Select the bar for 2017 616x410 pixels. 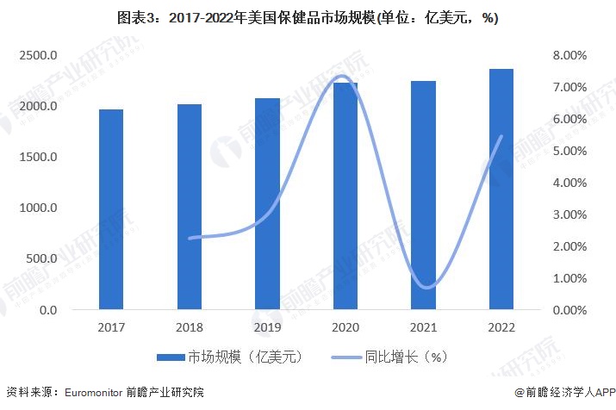pyautogui.click(x=111, y=209)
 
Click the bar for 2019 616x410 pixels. pyautogui.click(x=267, y=203)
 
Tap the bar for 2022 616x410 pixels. pyautogui.click(x=501, y=189)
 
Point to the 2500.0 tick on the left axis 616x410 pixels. pyautogui.click(x=40, y=56)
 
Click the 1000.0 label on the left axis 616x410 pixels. pyautogui.click(x=40, y=208)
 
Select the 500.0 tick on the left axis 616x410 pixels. pyautogui.click(x=42, y=259)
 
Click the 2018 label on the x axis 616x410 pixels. pyautogui.click(x=190, y=328)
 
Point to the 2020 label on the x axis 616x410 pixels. pyautogui.click(x=345, y=328)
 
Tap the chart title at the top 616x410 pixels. pyautogui.click(x=308, y=17)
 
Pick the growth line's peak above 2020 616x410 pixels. pyautogui.click(x=342, y=77)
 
